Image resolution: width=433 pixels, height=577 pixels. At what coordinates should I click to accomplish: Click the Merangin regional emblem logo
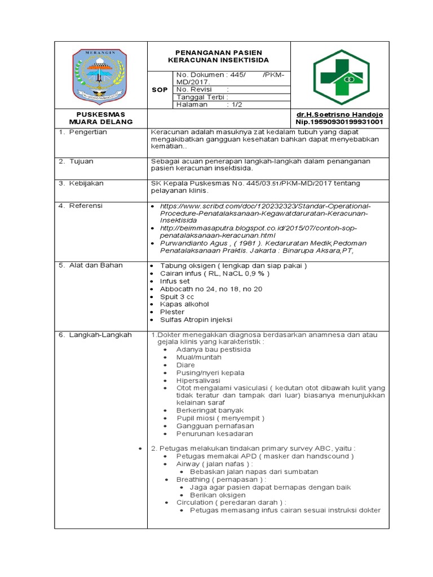coord(100,73)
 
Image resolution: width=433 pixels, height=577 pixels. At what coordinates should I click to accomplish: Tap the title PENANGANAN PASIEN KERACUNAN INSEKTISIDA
coord(219,56)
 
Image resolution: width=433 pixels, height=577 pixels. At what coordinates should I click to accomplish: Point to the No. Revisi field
coord(203,89)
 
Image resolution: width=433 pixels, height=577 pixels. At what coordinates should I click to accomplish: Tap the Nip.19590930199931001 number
coord(340,121)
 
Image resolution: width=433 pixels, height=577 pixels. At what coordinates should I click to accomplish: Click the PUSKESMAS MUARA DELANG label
coord(100,118)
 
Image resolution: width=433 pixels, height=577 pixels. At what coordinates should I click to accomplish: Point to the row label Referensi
coord(86,206)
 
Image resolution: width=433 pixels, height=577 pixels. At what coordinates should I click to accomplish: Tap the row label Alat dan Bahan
coord(95,265)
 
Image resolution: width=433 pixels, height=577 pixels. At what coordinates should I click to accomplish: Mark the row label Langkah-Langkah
coord(100,335)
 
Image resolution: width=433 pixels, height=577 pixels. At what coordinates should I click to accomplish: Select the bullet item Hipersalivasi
coord(199,380)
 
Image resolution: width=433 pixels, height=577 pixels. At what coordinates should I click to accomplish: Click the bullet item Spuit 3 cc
coord(176,296)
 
